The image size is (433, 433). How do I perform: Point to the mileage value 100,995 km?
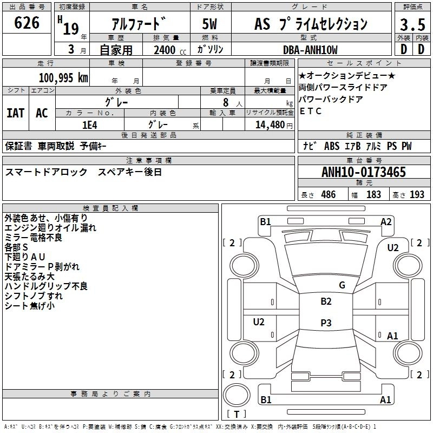pyautogui.click(x=64, y=77)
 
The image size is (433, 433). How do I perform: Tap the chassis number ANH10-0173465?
pyautogui.click(x=364, y=172)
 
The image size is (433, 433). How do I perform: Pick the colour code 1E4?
pyautogui.click(x=90, y=124)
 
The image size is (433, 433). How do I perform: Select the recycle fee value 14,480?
pyautogui.click(x=266, y=124)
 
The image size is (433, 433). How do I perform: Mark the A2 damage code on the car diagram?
pyautogui.click(x=386, y=221)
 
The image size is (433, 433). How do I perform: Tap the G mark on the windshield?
pyautogui.click(x=342, y=285)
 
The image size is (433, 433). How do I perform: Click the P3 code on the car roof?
pyautogui.click(x=326, y=323)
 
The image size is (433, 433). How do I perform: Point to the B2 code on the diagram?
pyautogui.click(x=326, y=301)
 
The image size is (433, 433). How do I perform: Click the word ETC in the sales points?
pyautogui.click(x=310, y=111)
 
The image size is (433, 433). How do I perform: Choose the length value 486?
pyautogui.click(x=329, y=195)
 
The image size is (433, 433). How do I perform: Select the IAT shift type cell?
pyautogui.click(x=15, y=113)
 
